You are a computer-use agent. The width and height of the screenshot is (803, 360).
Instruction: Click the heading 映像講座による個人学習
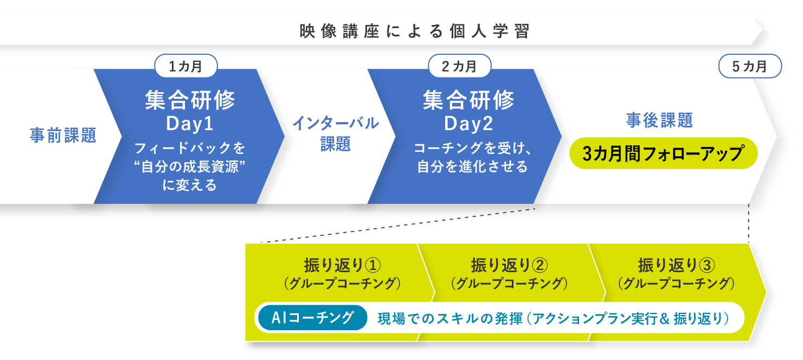[414, 31]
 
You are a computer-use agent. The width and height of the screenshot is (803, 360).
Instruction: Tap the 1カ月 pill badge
[186, 66]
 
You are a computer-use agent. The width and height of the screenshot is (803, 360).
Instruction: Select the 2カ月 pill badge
[460, 66]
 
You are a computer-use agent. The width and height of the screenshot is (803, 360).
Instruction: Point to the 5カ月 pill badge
[750, 66]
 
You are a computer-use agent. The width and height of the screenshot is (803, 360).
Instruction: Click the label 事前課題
[63, 136]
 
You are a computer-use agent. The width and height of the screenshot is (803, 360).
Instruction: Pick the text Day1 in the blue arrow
[190, 124]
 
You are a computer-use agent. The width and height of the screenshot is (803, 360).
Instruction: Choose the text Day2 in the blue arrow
[468, 124]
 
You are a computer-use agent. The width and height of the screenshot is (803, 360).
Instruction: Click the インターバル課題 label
[336, 133]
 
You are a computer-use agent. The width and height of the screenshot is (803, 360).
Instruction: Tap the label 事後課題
[660, 120]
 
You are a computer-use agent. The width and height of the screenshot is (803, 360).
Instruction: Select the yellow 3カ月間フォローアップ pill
[664, 153]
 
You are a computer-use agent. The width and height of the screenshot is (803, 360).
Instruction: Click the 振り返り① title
[342, 266]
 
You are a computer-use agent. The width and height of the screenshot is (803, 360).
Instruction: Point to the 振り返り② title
[510, 266]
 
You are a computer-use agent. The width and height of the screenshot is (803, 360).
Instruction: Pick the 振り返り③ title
[677, 266]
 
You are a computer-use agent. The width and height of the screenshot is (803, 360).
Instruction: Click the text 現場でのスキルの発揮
[450, 318]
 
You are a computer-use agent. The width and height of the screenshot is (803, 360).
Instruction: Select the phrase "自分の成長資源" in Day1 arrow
[190, 167]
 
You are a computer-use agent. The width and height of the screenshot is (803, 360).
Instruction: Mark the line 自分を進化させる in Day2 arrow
[472, 167]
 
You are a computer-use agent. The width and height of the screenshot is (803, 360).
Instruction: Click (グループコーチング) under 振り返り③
[677, 284]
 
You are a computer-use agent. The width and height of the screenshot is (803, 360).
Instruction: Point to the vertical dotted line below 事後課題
[749, 223]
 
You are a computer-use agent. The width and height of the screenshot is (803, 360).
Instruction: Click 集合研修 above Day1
[190, 100]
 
